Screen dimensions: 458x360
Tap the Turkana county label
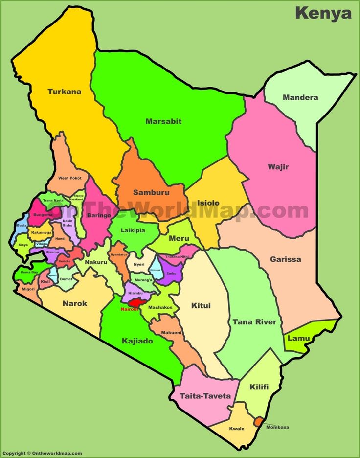coord(64,92)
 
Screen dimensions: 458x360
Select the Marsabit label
coord(163,121)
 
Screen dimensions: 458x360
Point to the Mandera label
coord(300,97)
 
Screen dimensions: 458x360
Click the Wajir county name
coord(278,167)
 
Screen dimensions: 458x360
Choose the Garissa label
coord(286,259)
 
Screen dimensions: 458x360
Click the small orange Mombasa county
coord(258,421)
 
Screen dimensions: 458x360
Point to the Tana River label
coord(254,322)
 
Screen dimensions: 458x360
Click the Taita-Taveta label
coord(205,395)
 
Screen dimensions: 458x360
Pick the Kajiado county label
coord(136,341)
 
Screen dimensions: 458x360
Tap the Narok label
coord(75,303)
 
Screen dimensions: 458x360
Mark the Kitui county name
coord(201,306)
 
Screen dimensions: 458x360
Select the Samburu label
coord(151,192)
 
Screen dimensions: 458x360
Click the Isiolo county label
coord(208,203)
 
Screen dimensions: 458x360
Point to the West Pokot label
coord(69,178)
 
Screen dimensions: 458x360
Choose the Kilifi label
coord(259,387)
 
